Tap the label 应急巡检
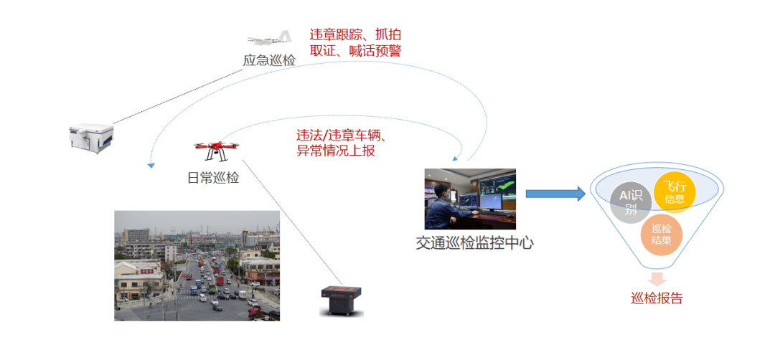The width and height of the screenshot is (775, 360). (269, 60)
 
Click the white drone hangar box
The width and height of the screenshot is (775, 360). (91, 138)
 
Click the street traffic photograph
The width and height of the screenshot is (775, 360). (197, 265)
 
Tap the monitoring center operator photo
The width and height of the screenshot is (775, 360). (470, 199)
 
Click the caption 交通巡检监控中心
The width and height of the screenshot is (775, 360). (475, 242)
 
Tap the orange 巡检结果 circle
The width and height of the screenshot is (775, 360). (662, 235)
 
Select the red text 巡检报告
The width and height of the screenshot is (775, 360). (657, 298)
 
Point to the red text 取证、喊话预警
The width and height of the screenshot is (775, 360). (355, 52)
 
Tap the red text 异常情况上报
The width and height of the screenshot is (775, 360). (336, 151)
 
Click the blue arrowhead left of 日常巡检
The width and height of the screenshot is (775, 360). (151, 166)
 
